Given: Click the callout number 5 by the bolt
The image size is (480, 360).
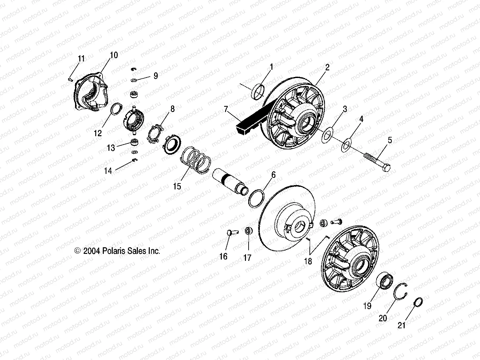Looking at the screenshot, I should click(390, 140).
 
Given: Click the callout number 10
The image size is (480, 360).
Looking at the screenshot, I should click(113, 55).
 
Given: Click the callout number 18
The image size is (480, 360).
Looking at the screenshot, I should click(308, 261).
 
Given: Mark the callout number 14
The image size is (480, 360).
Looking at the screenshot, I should click(108, 171).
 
